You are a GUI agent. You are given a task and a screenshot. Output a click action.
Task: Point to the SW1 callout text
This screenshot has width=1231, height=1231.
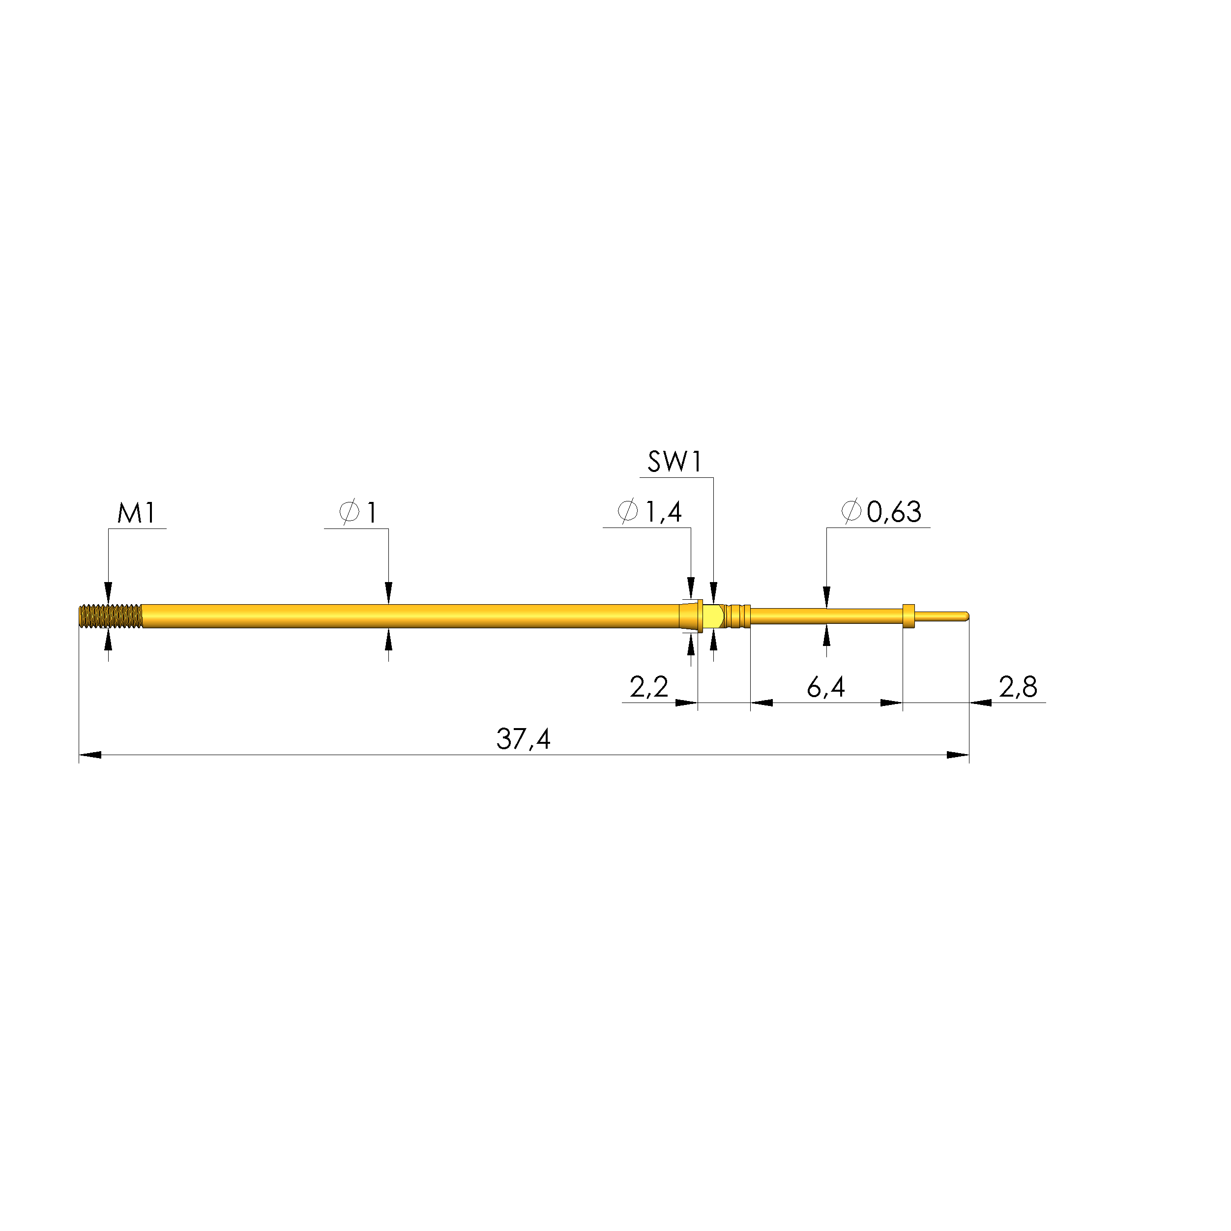675,462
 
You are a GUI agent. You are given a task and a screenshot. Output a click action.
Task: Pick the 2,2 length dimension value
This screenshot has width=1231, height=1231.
648,687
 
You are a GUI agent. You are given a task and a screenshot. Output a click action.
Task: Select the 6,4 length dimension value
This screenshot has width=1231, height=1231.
826,687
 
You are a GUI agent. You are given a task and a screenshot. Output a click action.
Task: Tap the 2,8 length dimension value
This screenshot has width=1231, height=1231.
1018,687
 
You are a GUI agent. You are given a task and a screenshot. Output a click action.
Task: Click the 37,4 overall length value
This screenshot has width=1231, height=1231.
523,739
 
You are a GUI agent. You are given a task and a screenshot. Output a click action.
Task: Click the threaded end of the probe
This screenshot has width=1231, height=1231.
110,616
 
